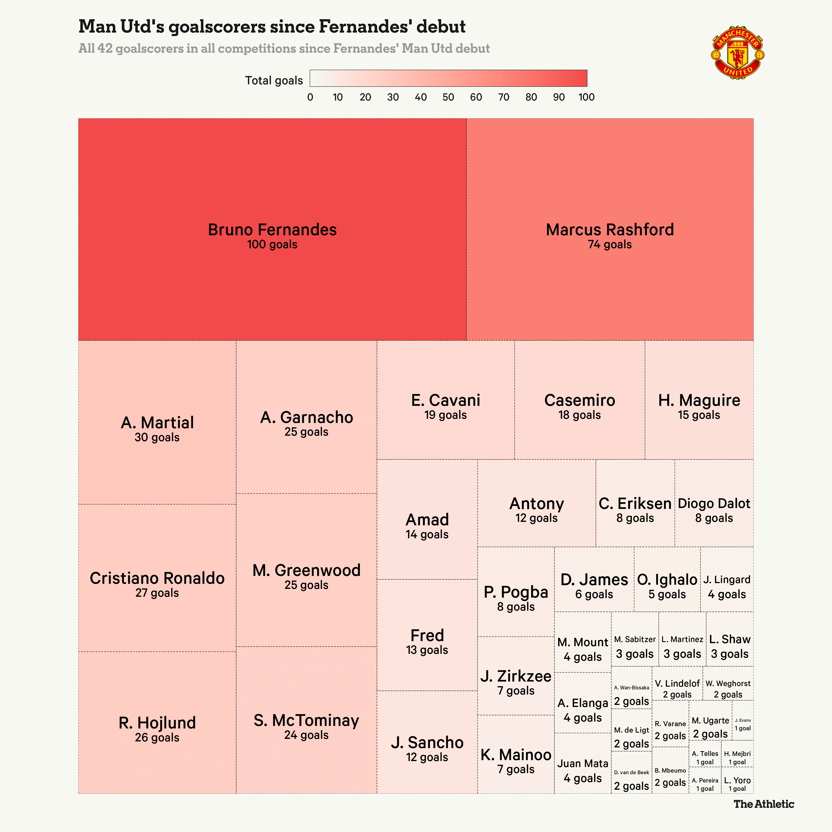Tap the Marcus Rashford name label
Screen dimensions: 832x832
(610, 229)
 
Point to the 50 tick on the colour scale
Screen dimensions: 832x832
(448, 97)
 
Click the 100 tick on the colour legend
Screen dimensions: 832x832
(586, 97)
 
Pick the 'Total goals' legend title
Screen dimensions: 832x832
(274, 80)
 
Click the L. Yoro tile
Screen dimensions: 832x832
(737, 784)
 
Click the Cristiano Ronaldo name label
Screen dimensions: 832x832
(157, 578)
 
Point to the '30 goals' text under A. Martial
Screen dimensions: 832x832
(157, 437)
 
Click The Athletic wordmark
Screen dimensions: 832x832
(764, 804)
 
